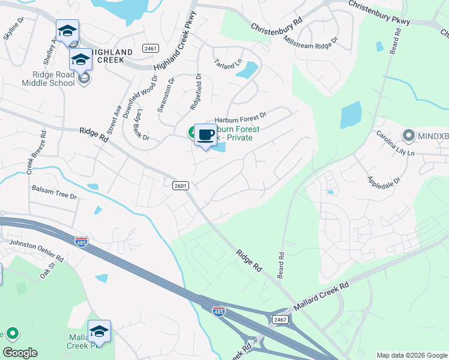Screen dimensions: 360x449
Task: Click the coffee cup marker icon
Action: click(x=205, y=134)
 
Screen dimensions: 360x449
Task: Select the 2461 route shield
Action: click(x=150, y=48)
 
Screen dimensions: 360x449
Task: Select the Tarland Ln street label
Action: click(x=228, y=62)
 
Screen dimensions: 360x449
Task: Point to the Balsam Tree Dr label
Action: click(x=55, y=193)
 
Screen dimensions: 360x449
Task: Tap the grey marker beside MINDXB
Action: click(x=409, y=136)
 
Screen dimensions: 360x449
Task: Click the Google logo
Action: click(x=20, y=353)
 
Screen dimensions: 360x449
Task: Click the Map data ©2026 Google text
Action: click(x=411, y=355)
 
